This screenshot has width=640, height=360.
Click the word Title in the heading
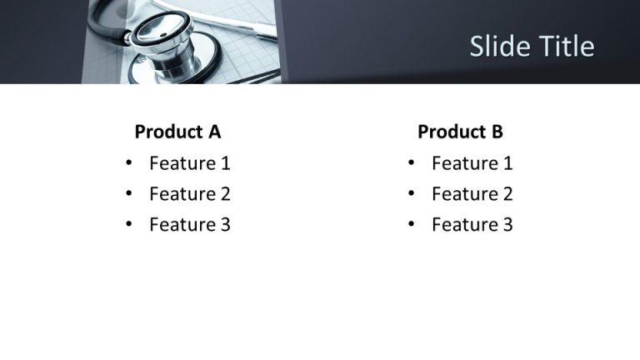click(566, 47)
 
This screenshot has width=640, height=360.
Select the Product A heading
click(177, 132)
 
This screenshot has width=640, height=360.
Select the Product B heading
click(460, 132)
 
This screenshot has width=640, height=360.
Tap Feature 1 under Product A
click(189, 163)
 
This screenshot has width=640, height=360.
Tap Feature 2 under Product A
click(189, 194)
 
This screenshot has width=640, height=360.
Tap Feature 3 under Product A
click(189, 224)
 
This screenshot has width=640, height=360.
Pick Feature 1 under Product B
click(472, 163)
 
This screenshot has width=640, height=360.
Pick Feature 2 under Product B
click(472, 194)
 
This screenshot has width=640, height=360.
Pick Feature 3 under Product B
click(472, 224)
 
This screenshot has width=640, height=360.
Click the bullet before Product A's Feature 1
click(128, 163)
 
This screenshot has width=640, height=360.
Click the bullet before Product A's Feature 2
click(128, 194)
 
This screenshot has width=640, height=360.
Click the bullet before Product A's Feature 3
click(128, 224)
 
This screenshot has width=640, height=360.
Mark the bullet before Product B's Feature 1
click(411, 163)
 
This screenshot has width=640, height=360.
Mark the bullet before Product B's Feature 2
click(411, 194)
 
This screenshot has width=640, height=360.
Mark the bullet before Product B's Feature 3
click(411, 224)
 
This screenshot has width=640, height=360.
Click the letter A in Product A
click(214, 132)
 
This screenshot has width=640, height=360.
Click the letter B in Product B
click(497, 132)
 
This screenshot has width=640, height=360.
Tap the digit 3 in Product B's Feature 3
click(507, 224)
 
